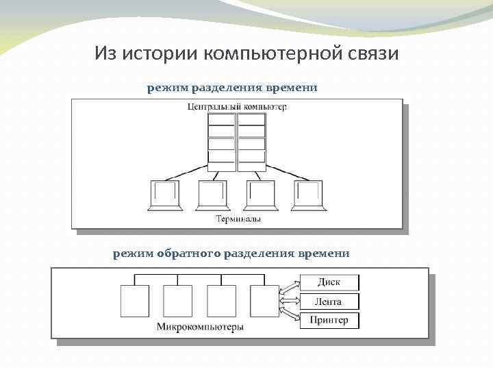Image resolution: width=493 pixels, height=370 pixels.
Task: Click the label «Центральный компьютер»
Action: (x=236, y=106)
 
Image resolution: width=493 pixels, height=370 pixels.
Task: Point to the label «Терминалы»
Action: (x=238, y=219)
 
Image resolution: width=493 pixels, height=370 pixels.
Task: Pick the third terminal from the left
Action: (x=260, y=195)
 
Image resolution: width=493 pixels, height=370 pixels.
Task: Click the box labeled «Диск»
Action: (x=329, y=282)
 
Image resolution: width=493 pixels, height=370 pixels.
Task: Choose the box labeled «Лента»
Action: (x=329, y=301)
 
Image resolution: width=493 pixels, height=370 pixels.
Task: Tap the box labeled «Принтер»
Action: (x=329, y=320)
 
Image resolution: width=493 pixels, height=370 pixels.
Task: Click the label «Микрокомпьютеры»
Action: (x=200, y=327)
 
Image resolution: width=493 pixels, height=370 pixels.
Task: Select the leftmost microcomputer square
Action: (x=135, y=300)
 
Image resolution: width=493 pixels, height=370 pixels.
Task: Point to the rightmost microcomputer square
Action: (x=265, y=300)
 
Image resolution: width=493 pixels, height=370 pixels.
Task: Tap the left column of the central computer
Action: (x=221, y=142)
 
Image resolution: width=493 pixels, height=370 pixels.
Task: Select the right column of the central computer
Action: (x=251, y=142)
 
